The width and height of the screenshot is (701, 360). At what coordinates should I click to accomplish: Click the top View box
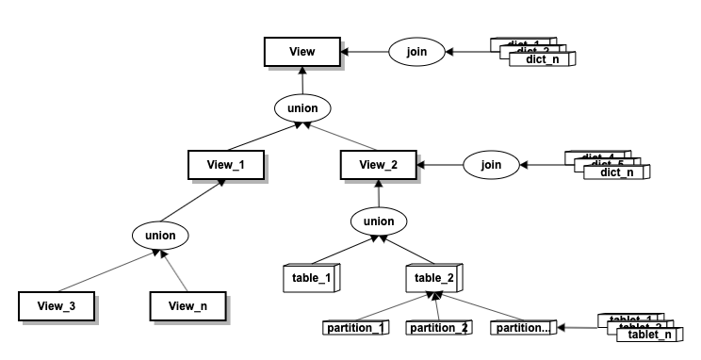(302, 51)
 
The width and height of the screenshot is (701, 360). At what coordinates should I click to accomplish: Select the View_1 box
(224, 164)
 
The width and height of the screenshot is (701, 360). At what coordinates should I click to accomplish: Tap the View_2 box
(378, 164)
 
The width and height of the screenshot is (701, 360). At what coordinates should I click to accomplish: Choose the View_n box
(189, 306)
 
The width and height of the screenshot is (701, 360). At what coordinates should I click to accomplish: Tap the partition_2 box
(438, 328)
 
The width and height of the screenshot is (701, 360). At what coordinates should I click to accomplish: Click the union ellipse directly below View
(302, 108)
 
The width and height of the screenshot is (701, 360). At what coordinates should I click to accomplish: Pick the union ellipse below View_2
(378, 222)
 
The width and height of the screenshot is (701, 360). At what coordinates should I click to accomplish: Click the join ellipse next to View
(416, 51)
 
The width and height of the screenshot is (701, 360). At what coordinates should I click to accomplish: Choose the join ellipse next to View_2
(491, 165)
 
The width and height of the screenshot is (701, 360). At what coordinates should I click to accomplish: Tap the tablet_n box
(650, 335)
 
